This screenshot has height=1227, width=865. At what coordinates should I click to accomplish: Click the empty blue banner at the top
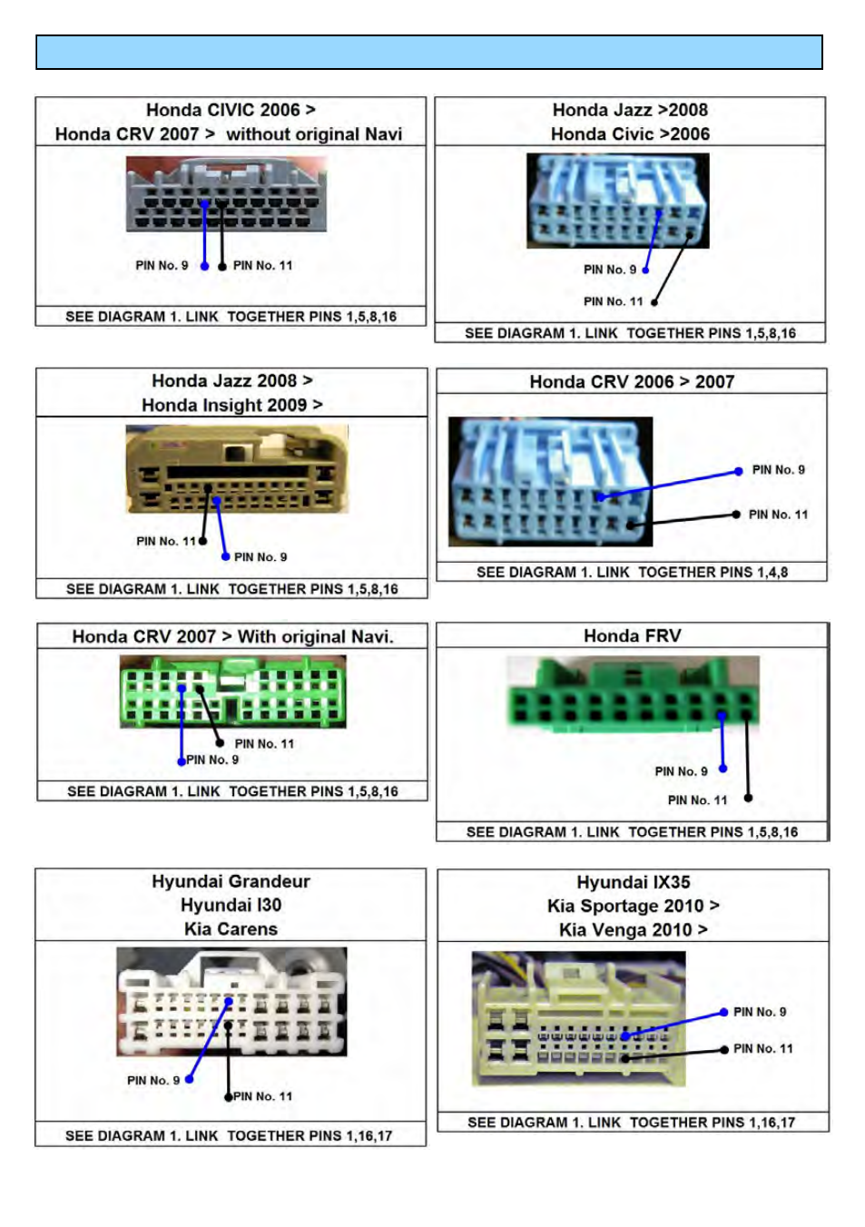[x=429, y=52]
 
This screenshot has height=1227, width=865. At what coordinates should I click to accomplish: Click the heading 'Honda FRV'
[x=632, y=635]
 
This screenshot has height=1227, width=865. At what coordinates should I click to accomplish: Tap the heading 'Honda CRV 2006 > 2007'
[x=632, y=381]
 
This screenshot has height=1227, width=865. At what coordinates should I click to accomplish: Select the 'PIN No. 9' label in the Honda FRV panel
[x=681, y=771]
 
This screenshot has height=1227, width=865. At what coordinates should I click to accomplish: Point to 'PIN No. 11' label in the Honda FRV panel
[x=697, y=800]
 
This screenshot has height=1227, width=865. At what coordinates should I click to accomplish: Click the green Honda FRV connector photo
[x=633, y=693]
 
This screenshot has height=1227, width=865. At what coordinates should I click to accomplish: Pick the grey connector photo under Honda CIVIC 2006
[x=226, y=194]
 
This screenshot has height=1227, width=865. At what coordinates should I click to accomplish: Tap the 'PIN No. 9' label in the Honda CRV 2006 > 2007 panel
[x=778, y=470]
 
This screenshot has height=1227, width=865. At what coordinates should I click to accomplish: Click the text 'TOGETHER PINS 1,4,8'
[x=713, y=572]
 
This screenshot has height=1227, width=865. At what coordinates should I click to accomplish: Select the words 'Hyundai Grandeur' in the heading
[x=231, y=881]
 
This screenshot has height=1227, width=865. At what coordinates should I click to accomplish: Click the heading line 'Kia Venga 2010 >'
[x=633, y=930]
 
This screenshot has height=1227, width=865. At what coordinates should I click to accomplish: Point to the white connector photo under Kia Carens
[x=231, y=1002]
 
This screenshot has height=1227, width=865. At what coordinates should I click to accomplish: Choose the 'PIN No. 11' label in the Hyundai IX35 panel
[x=762, y=1048]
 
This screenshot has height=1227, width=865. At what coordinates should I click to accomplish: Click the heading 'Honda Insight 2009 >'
[x=231, y=405]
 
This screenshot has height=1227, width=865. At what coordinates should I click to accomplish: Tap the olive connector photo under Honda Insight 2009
[x=237, y=469]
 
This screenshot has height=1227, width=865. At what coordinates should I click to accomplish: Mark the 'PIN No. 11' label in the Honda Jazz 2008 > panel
[x=166, y=541]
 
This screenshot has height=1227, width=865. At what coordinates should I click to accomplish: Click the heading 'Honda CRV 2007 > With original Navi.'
[x=233, y=636]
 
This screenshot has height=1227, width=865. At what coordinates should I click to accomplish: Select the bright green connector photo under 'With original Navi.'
[x=233, y=692]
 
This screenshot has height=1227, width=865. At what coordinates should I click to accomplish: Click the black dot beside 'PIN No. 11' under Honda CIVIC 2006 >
[x=221, y=267]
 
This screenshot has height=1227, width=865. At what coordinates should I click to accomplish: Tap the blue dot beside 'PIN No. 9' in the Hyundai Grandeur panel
[x=189, y=1079]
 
